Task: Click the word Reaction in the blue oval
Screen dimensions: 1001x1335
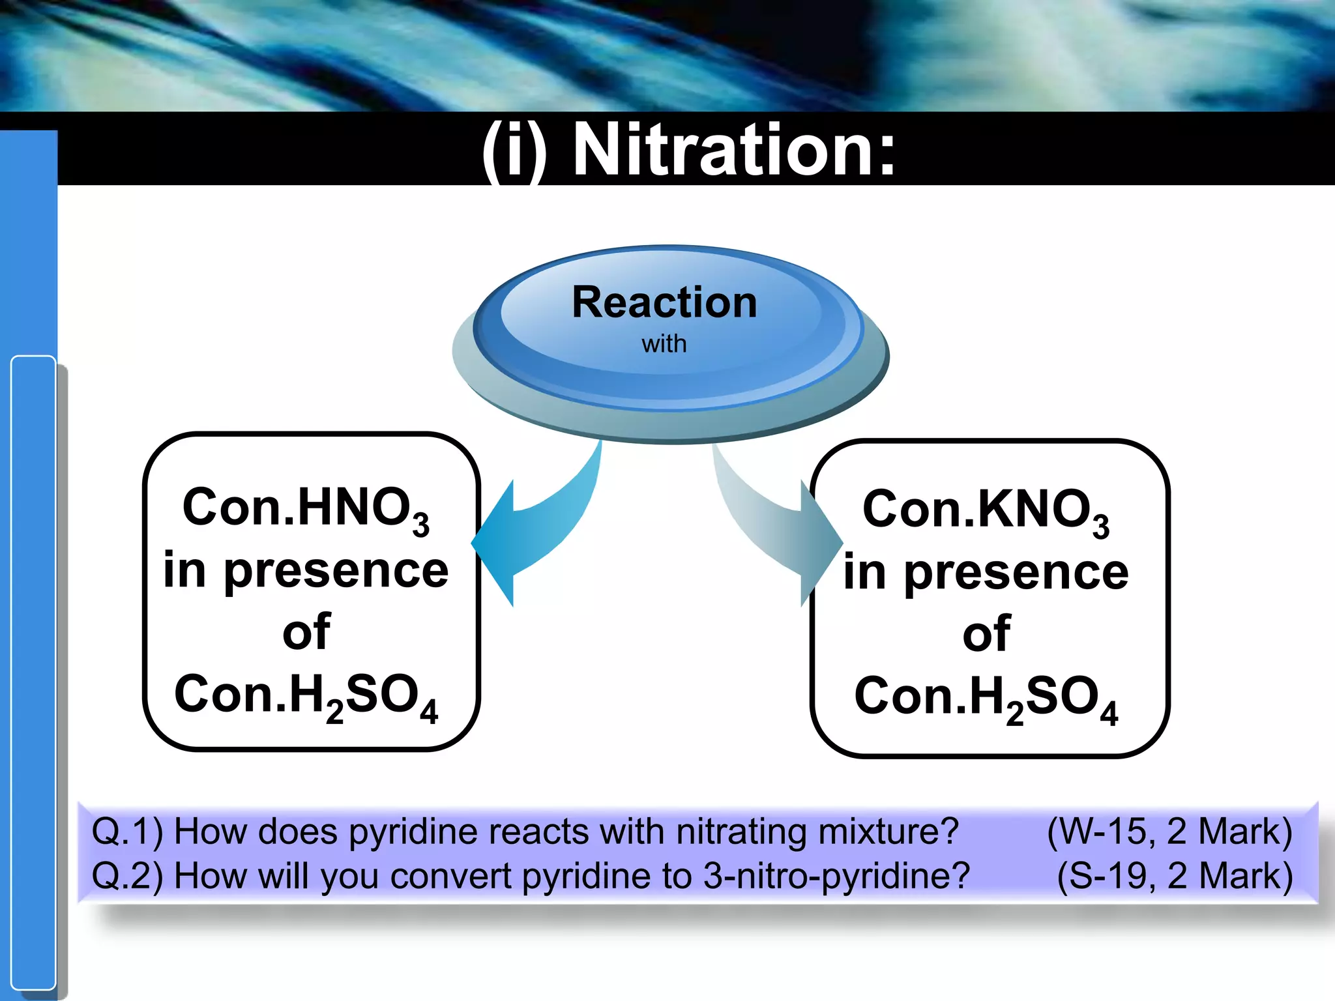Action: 664,303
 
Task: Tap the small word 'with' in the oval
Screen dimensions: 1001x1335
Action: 664,344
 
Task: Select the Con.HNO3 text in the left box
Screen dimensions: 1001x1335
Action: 306,509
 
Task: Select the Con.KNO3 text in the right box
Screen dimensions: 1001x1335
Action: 986,511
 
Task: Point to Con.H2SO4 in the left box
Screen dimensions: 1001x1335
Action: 306,696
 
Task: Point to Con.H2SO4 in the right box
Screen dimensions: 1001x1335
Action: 986,698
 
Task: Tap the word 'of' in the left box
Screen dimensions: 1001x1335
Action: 306,631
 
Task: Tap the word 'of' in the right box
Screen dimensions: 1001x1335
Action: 986,633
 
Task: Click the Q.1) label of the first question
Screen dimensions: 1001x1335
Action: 126,832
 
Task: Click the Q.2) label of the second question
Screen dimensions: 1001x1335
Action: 126,876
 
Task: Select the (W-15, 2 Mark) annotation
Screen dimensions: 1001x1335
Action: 1169,832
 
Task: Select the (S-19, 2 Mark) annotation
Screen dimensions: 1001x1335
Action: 1174,876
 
